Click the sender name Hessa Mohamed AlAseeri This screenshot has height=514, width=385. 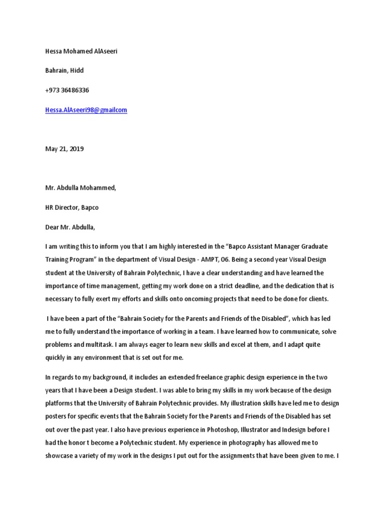[x=81, y=51]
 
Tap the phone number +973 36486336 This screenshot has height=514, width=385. [x=67, y=90]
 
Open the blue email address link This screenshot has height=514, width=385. [x=86, y=110]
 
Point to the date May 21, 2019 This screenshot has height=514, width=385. [x=64, y=149]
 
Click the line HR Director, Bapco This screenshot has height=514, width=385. [x=75, y=207]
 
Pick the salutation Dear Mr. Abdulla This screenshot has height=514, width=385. [x=70, y=227]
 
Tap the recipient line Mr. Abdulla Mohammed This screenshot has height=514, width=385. [x=80, y=188]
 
